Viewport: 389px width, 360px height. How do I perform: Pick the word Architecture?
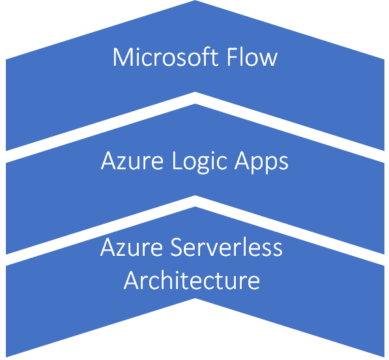[192, 281]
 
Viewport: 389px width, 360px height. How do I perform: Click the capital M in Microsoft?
[122, 57]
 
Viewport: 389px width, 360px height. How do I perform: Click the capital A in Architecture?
[132, 280]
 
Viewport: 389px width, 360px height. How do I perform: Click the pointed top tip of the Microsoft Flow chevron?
[195, 3]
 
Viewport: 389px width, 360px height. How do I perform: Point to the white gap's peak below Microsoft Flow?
[195, 98]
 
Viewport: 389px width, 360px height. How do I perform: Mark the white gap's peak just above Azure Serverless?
[195, 201]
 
